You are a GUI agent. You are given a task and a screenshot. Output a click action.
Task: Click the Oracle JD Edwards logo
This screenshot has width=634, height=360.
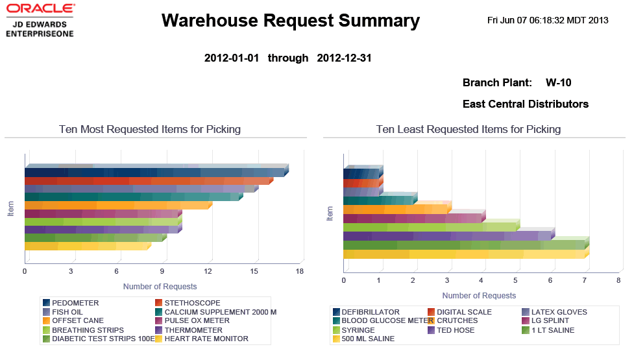coord(39,19)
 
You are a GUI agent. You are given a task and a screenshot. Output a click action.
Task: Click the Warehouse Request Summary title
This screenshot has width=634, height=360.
coord(290,21)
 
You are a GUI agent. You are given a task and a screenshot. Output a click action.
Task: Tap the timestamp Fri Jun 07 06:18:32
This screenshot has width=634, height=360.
coord(547,20)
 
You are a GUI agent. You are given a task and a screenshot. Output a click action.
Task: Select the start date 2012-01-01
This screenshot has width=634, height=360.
coord(232,58)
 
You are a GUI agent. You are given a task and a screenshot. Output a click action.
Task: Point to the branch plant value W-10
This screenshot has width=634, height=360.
coord(558,82)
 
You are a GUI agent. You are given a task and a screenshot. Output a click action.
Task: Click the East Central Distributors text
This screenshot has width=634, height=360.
coord(525,104)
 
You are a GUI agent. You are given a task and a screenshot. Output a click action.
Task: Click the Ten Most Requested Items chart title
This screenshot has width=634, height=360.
coord(149,129)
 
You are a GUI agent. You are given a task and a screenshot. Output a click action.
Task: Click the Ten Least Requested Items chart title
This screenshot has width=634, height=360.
coord(468,129)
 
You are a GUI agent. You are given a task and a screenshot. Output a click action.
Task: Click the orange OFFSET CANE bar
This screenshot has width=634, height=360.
coord(117,206)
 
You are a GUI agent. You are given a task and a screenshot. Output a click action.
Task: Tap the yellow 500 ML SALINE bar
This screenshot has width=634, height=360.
coord(464,254)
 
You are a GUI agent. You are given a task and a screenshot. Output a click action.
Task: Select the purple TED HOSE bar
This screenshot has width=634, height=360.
coord(447,236)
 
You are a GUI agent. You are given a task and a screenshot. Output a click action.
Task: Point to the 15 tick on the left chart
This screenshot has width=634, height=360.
coord(254,271)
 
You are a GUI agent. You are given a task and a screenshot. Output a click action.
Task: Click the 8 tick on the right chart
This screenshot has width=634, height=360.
coord(618,280)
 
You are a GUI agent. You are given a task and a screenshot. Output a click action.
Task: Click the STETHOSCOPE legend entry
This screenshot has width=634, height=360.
coord(192,303)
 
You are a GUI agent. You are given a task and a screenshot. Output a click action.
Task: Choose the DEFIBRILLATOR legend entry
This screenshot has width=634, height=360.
coord(371,312)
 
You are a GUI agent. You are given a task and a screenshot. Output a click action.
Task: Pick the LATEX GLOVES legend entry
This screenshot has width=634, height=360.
coord(558,312)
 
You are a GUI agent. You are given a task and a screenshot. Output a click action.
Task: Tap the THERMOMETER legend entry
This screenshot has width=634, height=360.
coord(193,330)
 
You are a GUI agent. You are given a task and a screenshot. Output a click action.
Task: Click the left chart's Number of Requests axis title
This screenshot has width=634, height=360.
coord(160,286)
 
